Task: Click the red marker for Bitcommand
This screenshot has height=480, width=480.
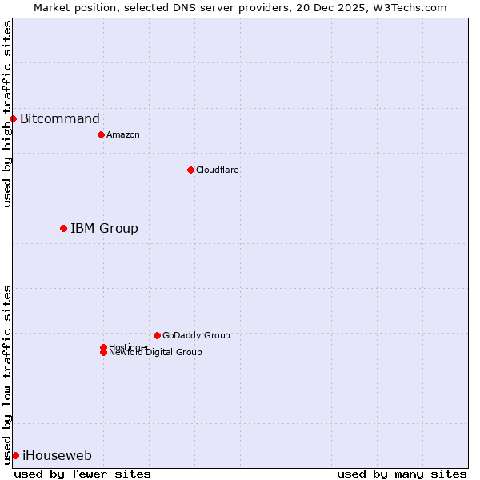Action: [x=13, y=119]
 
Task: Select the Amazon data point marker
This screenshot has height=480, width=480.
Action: [x=101, y=134]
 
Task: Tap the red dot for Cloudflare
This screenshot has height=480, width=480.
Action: [x=190, y=170]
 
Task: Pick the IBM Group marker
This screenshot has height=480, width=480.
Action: [x=63, y=229]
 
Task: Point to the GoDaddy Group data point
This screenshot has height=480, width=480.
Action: [x=157, y=335]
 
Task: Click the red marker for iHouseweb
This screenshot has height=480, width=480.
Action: [x=15, y=456]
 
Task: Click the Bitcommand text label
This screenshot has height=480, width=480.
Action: [x=60, y=119]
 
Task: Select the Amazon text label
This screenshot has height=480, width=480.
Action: [x=123, y=134]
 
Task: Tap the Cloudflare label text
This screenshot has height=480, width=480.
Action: [x=218, y=170]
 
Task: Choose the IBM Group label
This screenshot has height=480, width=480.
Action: [x=104, y=229]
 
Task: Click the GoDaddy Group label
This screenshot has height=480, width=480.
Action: [x=196, y=335]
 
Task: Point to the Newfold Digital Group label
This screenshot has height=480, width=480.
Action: [x=156, y=353]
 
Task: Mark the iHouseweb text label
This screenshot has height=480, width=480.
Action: [x=57, y=456]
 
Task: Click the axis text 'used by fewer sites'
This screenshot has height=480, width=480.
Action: [x=82, y=474]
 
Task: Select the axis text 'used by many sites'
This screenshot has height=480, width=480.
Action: [x=402, y=474]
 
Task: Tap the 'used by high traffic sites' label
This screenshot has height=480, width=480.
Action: [x=7, y=114]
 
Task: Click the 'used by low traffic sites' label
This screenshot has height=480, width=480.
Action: [x=7, y=374]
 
